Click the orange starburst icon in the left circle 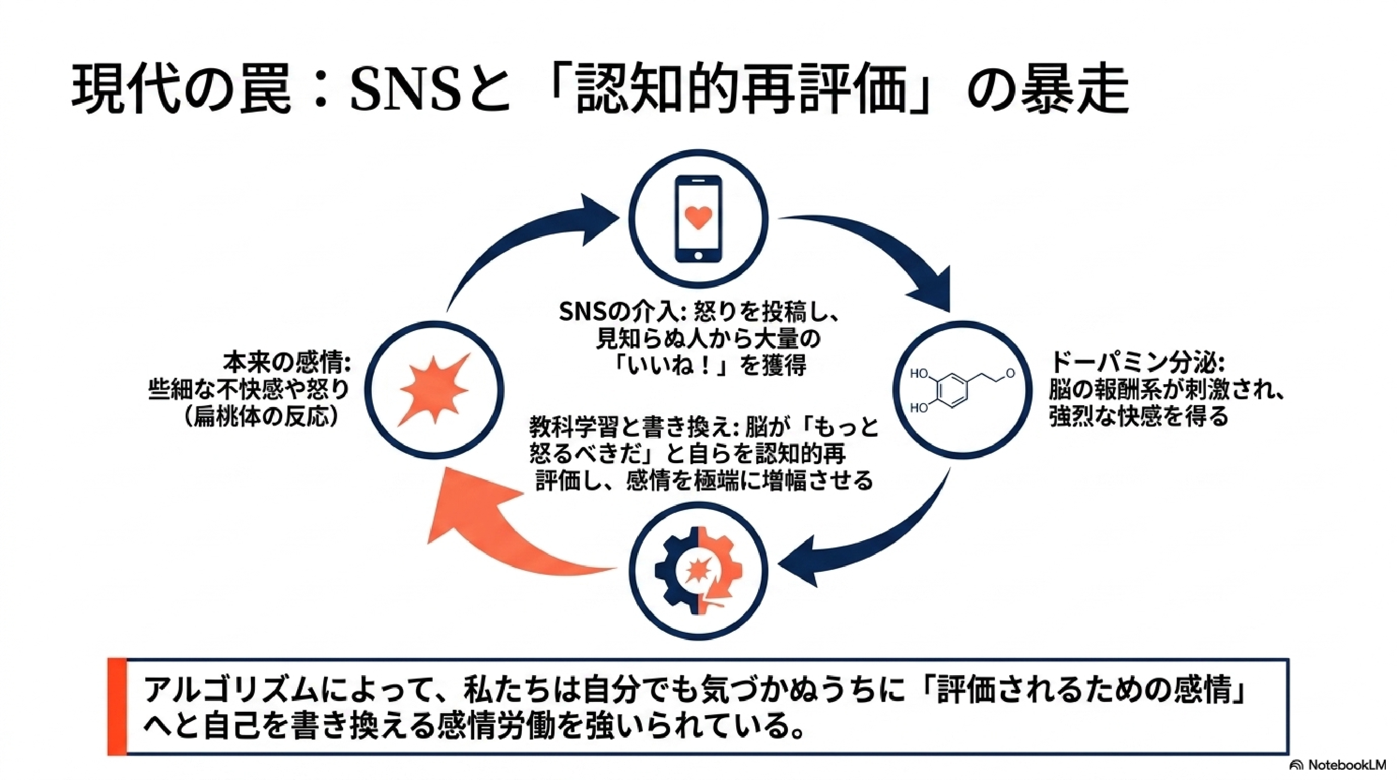pos(434,390)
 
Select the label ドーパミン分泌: pos(1137,362)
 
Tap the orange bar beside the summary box pos(116,706)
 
